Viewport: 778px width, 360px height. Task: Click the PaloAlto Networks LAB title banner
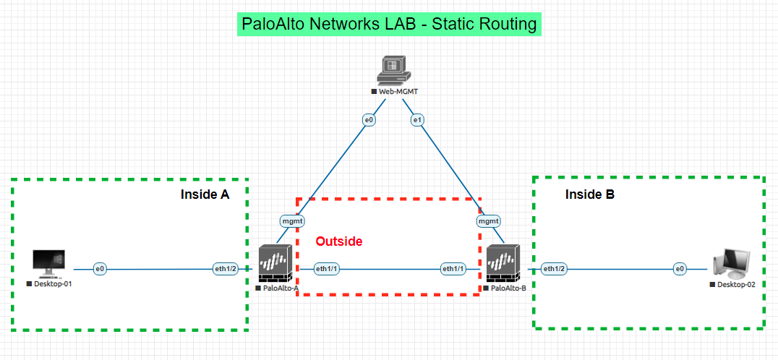[x=390, y=24]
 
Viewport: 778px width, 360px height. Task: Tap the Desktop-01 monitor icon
[x=49, y=264]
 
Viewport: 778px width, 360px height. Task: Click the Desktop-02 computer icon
[x=731, y=265]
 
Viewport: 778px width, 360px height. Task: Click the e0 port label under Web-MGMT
[x=369, y=120]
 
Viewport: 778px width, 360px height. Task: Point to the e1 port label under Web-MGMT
[x=416, y=120]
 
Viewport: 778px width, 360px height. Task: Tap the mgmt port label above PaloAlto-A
[x=293, y=220]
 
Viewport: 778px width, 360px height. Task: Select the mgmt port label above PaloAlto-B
[x=489, y=220]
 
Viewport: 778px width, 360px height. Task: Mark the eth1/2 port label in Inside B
[x=554, y=269]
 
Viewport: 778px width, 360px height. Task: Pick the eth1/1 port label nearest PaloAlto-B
[x=453, y=269]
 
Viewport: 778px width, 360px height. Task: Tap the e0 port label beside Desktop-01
[x=100, y=269]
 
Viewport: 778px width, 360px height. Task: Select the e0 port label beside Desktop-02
[x=680, y=269]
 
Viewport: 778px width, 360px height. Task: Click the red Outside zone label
[x=338, y=241]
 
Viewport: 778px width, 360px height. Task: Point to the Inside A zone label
[x=205, y=194]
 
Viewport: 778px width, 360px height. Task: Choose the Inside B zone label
[x=589, y=194]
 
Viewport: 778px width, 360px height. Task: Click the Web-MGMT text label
[x=398, y=92]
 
